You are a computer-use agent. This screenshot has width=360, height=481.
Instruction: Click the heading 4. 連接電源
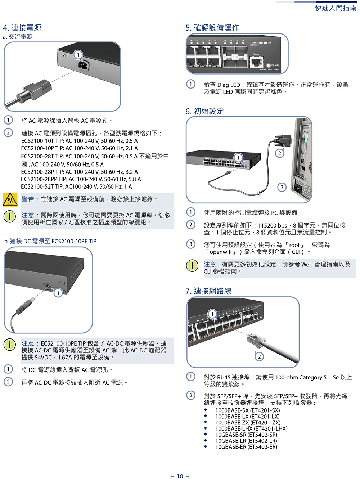pyautogui.click(x=22, y=28)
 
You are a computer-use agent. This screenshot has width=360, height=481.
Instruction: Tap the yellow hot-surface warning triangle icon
pyautogui.click(x=10, y=199)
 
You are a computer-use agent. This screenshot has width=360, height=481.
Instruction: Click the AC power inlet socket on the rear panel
pyautogui.click(x=83, y=65)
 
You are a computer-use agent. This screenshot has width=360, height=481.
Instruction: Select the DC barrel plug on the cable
pyautogui.click(x=25, y=305)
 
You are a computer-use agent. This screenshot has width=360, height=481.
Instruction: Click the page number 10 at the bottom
pyautogui.click(x=180, y=476)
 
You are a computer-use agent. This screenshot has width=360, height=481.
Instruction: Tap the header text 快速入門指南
pyautogui.click(x=336, y=8)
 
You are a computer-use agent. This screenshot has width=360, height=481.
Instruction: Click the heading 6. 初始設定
pyautogui.click(x=204, y=111)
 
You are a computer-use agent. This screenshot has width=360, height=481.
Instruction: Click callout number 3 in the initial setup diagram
pyautogui.click(x=282, y=187)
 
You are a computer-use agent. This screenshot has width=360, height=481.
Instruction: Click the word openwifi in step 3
pyautogui.click(x=221, y=252)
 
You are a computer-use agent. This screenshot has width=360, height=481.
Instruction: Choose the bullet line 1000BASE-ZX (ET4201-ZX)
pyautogui.click(x=248, y=422)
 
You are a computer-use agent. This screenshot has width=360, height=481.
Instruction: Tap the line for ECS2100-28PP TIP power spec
pyautogui.click(x=81, y=179)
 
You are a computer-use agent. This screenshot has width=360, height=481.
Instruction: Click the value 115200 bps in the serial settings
pyautogui.click(x=273, y=225)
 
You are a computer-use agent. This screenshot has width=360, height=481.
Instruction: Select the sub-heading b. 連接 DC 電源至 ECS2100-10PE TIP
pyautogui.click(x=50, y=241)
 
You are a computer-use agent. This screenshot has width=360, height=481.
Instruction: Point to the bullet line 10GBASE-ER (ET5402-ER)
pyautogui.click(x=246, y=447)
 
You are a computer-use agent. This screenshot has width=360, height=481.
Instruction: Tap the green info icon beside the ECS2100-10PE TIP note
pyautogui.click(x=10, y=345)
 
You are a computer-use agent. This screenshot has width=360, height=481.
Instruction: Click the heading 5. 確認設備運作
pyautogui.click(x=212, y=28)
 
